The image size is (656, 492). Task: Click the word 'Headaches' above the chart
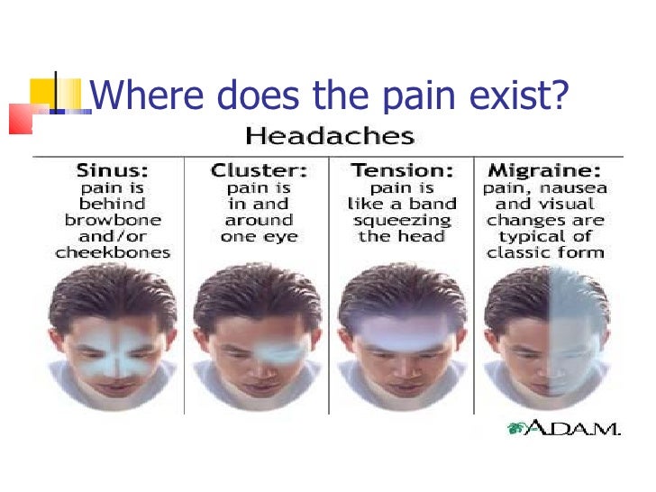[330, 137]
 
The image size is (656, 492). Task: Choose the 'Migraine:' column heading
[545, 169]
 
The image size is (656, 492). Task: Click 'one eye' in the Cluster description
[258, 237]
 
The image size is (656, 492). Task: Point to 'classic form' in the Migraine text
[545, 253]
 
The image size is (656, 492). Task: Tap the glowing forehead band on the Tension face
[402, 335]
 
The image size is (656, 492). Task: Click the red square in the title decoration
[20, 118]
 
